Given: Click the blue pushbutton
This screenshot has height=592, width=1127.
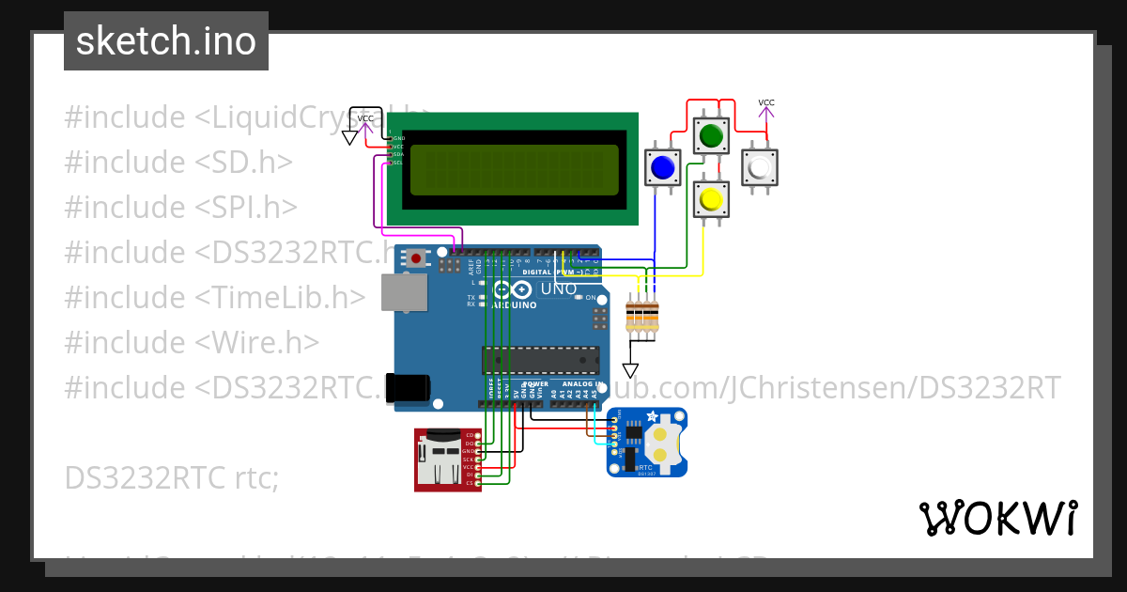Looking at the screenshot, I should coord(662,167).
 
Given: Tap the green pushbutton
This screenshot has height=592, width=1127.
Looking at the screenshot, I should coord(711,136).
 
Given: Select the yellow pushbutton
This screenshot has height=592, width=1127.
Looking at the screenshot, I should coord(711,199).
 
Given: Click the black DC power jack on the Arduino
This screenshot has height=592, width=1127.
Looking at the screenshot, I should coord(409,387).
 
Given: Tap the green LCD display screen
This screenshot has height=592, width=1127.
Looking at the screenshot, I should coord(513,169).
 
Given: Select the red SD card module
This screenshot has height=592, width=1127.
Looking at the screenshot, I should coord(447,459).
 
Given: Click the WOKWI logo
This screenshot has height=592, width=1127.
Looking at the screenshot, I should coord(997,518).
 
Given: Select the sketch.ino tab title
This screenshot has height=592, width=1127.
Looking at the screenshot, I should coord(166,41).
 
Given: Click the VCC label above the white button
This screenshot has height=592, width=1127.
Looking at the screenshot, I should coord(766,102).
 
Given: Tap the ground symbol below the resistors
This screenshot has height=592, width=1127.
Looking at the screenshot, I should coord(630,370).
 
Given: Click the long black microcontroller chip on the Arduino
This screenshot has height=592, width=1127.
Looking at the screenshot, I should coord(540,360).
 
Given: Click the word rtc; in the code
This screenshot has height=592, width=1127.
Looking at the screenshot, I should coord(255,477).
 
